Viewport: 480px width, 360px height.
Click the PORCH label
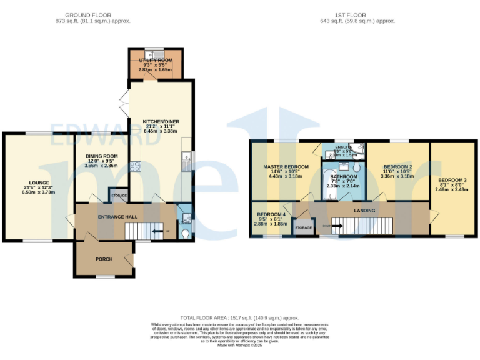pyautogui.click(x=104, y=259)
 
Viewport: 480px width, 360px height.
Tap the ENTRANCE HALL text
pyautogui.click(x=117, y=216)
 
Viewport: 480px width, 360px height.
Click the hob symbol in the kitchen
pyautogui.click(x=136, y=166)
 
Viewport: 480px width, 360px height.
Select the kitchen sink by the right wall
pyautogui.click(x=186, y=164)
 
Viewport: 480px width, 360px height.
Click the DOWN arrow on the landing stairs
pyautogui.click(x=334, y=226)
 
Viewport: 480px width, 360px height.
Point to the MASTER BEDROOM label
pyautogui.click(x=286, y=167)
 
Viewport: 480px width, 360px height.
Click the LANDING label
pyautogui.click(x=364, y=211)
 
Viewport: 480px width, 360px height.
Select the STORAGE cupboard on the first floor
pyautogui.click(x=304, y=228)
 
